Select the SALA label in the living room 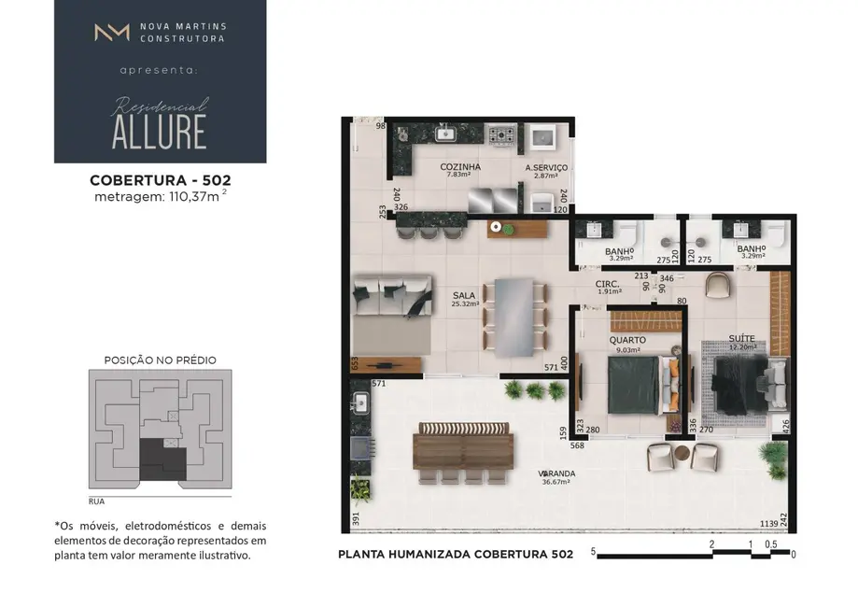pos(464,294)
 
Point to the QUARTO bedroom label pos(627,340)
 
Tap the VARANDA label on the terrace pos(556,473)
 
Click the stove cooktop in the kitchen pos(501,137)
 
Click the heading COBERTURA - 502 pos(160,179)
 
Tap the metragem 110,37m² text pos(160,196)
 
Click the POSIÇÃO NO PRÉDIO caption pos(160,360)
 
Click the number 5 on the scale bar pos(593,552)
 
